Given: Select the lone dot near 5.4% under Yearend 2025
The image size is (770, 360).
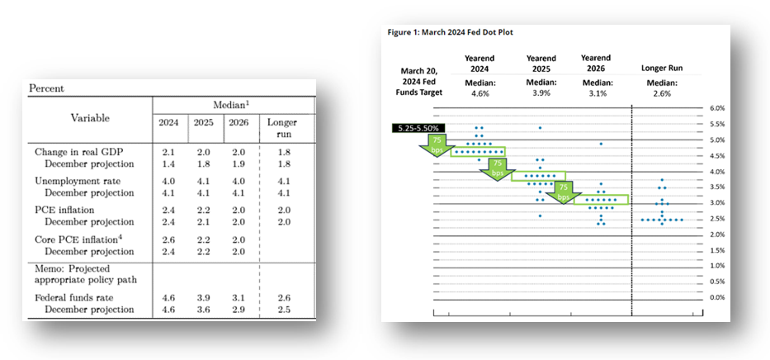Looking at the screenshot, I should pos(540,128).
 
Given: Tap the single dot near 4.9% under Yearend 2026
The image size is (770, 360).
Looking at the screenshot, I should pos(601,144).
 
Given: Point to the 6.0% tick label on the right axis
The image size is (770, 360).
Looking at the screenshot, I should pos(717,108).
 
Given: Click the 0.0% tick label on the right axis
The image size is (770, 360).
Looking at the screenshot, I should pos(717,297).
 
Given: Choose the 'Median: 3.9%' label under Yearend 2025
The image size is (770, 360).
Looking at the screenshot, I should pos(541,88).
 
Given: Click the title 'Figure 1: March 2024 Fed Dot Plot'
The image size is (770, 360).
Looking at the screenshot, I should pos(450,32).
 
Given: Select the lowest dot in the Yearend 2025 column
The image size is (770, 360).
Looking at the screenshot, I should pos(540,216).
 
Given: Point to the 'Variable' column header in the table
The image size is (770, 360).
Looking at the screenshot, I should pos(89,118).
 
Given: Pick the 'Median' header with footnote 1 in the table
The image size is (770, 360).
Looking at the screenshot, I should pos(230,104).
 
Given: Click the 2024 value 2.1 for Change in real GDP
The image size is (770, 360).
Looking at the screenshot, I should pos(168,152).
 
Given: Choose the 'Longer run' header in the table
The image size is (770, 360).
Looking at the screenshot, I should pos(282,128).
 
